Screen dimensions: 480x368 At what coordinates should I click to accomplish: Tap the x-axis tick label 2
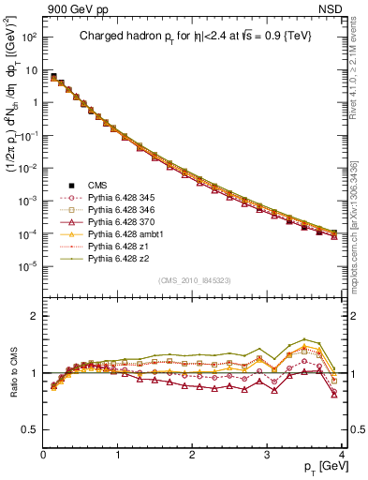point(192,455)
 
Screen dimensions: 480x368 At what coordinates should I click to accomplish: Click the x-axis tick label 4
point(342,455)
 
